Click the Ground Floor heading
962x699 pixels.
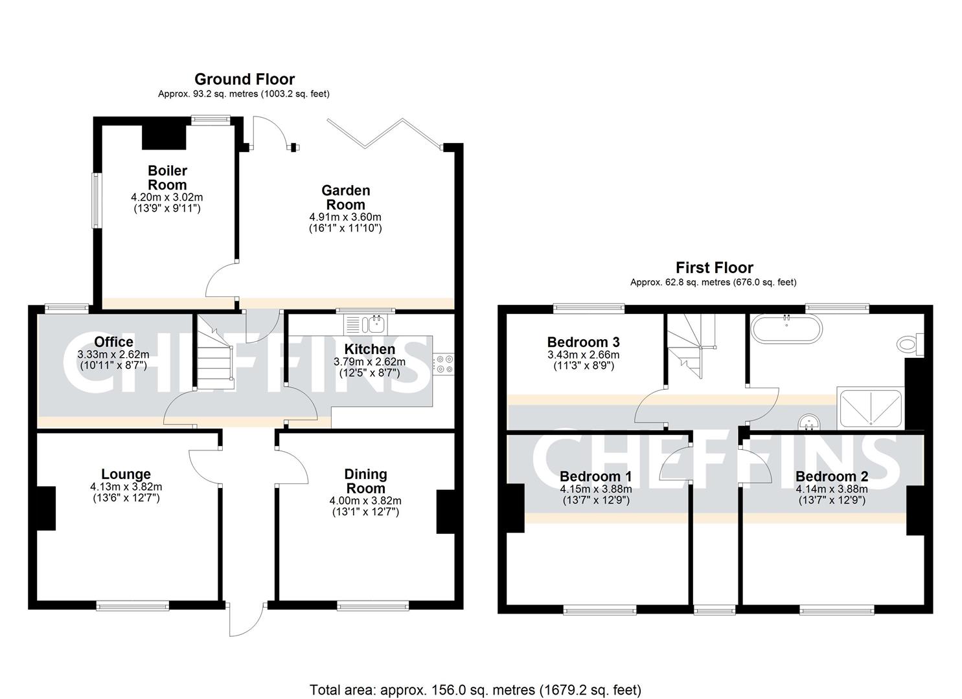tap(244, 79)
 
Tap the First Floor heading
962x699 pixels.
tap(714, 267)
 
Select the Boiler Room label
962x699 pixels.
tap(167, 178)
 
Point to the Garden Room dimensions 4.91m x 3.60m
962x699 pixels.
tap(345, 217)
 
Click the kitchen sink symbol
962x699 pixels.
tap(365, 324)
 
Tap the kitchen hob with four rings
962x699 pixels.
tap(444, 364)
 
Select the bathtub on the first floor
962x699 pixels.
tap(786, 329)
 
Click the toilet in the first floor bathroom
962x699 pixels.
tap(911, 344)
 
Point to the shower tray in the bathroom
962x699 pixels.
tap(870, 408)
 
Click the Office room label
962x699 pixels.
tap(113, 342)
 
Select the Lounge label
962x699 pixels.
tap(126, 474)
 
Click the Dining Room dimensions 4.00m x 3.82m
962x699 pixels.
tap(365, 500)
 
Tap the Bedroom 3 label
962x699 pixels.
tap(583, 342)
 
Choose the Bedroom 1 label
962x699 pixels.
tap(595, 477)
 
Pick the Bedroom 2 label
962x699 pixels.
tap(832, 477)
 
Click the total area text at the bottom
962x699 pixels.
tap(475, 690)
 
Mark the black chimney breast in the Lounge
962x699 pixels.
tap(45, 509)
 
